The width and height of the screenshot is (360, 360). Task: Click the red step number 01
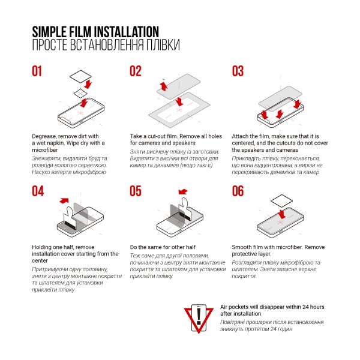click(37, 71)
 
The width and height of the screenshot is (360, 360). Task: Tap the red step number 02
click(136, 71)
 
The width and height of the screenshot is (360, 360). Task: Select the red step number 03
click(238, 71)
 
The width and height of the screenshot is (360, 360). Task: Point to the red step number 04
click(38, 191)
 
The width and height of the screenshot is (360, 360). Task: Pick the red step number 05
click(136, 191)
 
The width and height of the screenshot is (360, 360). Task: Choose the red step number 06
click(238, 191)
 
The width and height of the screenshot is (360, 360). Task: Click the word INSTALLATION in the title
click(127, 32)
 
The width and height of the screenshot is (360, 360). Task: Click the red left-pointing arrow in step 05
click(183, 191)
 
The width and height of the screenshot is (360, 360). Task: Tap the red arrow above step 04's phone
click(64, 200)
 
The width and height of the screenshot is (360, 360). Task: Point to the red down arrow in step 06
click(282, 214)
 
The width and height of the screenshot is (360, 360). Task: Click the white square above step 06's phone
click(282, 201)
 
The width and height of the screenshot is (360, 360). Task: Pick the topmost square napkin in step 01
click(80, 76)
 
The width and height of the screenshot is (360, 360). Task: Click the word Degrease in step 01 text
click(44, 136)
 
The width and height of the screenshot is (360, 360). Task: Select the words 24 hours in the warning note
click(313, 307)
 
